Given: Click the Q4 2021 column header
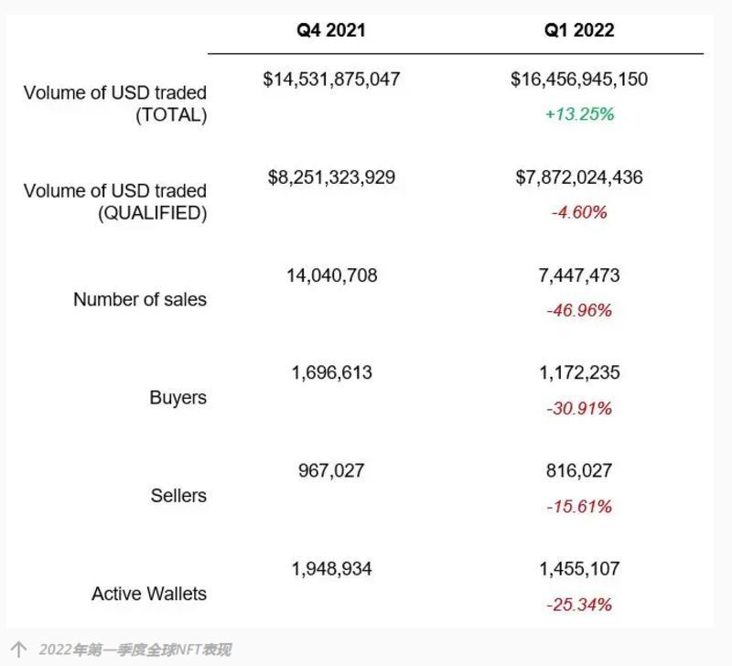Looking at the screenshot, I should [330, 30].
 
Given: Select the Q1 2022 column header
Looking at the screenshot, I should [579, 30].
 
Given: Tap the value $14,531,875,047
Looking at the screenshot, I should [331, 80].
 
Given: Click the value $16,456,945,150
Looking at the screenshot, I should [579, 80].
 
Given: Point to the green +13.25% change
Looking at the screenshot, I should [579, 114].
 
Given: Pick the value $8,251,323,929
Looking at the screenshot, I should [331, 177].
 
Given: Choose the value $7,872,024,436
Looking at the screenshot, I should [579, 177].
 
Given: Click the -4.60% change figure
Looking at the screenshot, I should [579, 212].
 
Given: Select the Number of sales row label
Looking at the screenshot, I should [140, 300].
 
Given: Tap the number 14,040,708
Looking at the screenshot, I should [331, 275].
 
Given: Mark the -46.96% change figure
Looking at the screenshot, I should [579, 310].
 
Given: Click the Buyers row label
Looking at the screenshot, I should [178, 398].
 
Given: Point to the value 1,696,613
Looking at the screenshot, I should [331, 373].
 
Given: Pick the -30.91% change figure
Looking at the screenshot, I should [579, 408].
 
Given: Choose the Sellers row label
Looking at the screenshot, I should [178, 496].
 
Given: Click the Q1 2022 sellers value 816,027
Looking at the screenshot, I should [579, 471].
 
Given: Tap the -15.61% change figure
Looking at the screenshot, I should [579, 506].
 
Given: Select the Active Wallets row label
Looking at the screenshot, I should [149, 594].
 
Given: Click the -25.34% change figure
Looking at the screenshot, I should [579, 604].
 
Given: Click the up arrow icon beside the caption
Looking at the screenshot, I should [18, 649].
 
